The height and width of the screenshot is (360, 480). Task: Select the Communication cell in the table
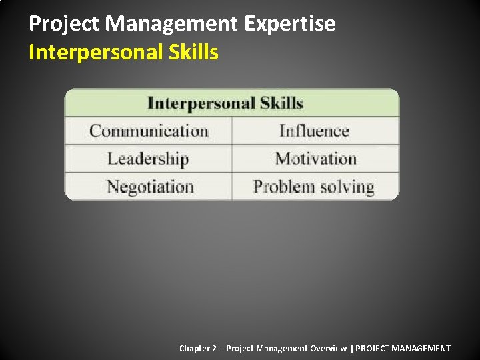pyautogui.click(x=149, y=131)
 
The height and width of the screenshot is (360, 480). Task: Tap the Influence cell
pyautogui.click(x=314, y=131)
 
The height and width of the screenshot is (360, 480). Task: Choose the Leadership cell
pyautogui.click(x=148, y=159)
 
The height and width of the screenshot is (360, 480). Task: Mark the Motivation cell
pyautogui.click(x=315, y=159)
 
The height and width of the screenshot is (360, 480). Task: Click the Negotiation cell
pyautogui.click(x=149, y=187)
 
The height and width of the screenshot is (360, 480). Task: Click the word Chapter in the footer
pyautogui.click(x=194, y=348)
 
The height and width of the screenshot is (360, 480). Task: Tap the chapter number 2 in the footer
pyautogui.click(x=214, y=348)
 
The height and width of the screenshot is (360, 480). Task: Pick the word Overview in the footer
pyautogui.click(x=327, y=348)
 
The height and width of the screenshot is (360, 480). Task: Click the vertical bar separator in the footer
pyautogui.click(x=351, y=348)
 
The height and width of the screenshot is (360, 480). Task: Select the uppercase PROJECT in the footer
pyautogui.click(x=372, y=348)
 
